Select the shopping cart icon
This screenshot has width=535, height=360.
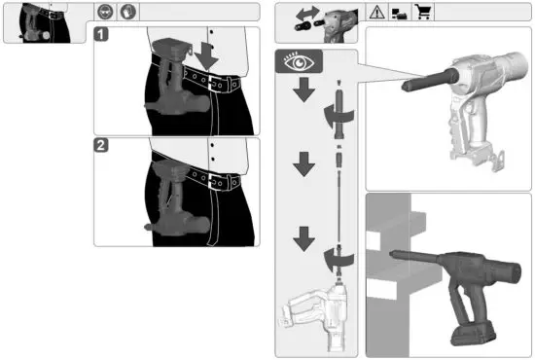tap(423, 13)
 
